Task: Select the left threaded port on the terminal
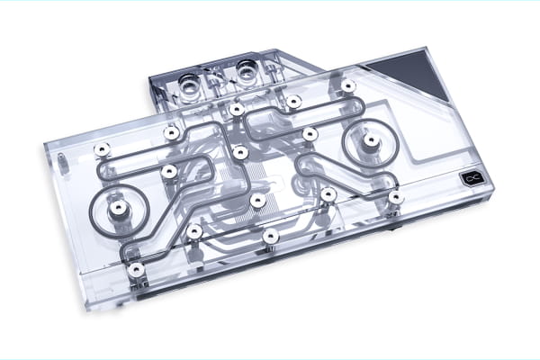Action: pos(190,84)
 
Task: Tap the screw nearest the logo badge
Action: pos(394,195)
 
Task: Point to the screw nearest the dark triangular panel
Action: pos(347,85)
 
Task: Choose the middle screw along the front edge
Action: pos(270,236)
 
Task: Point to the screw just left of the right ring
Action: pos(309,134)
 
